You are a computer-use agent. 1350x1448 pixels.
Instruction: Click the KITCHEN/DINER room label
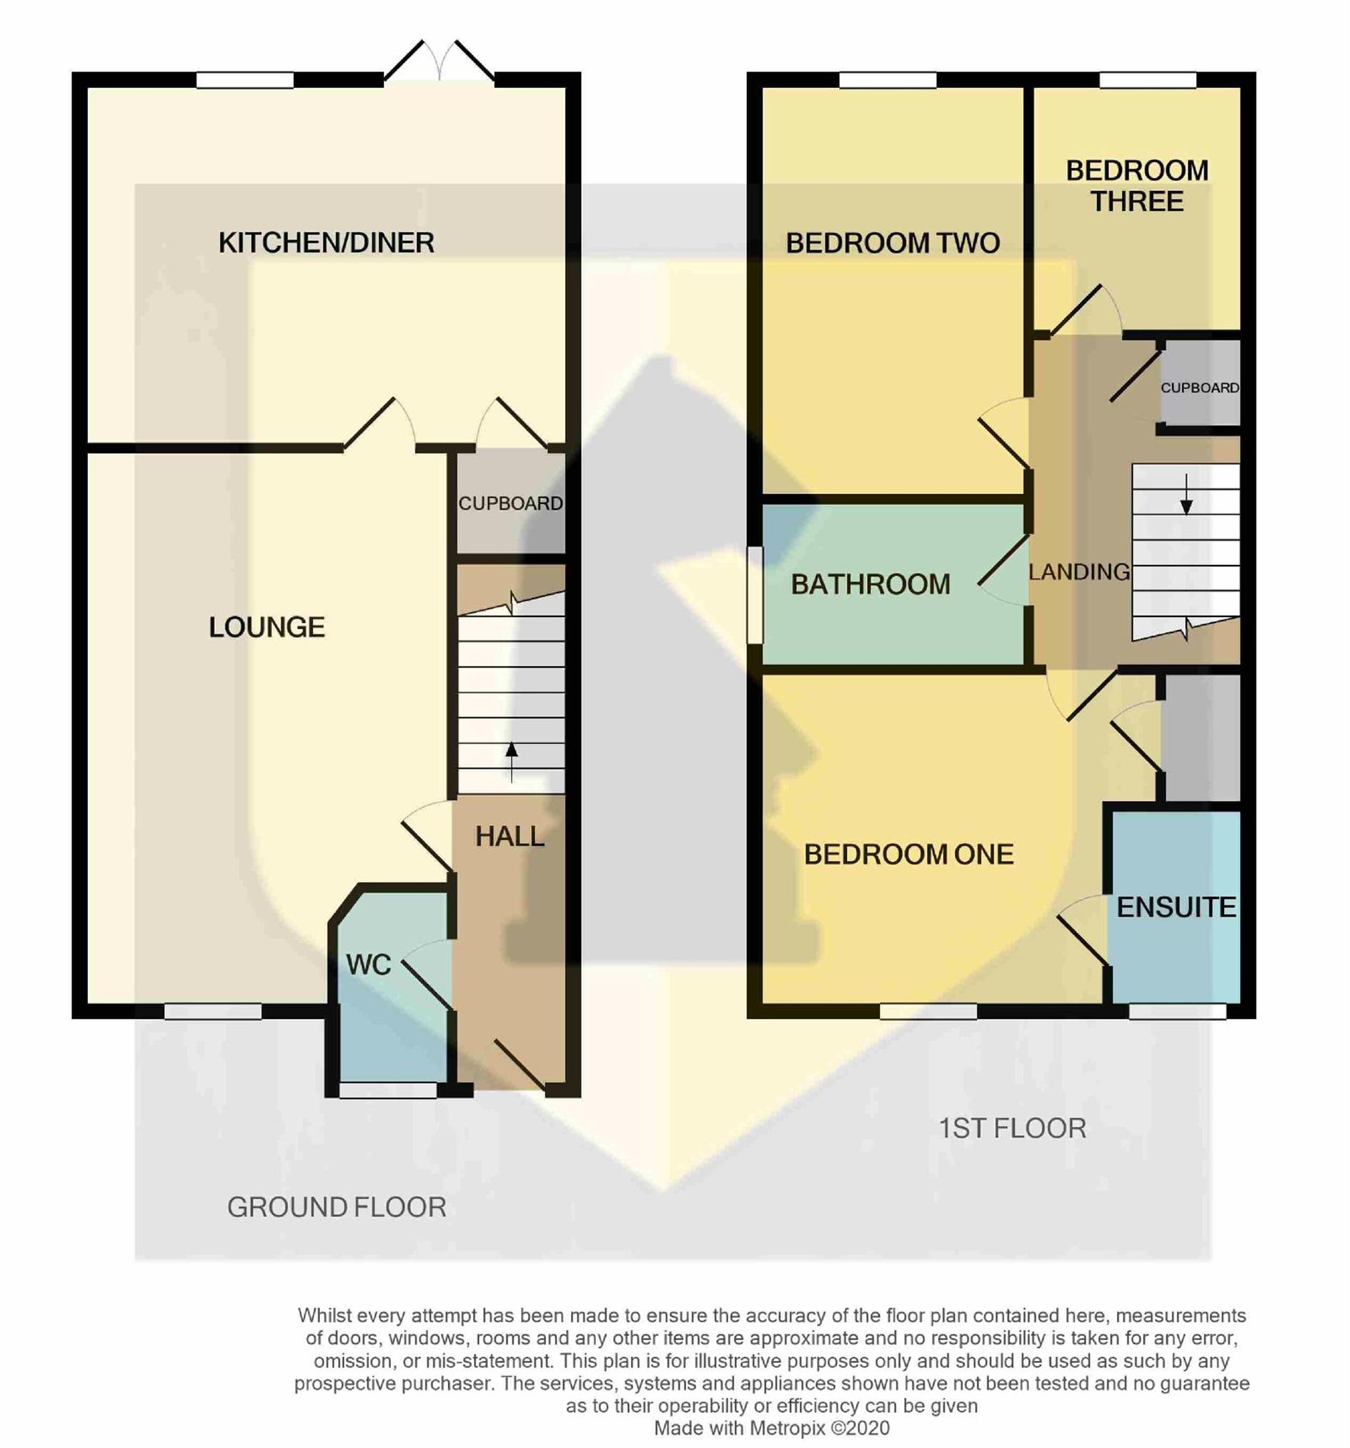(x=326, y=242)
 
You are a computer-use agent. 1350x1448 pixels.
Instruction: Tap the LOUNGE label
(x=267, y=627)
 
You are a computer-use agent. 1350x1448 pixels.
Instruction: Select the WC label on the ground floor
(x=369, y=965)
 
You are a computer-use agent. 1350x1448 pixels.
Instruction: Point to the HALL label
(x=510, y=836)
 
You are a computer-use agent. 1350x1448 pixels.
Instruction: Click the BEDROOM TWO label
(x=893, y=242)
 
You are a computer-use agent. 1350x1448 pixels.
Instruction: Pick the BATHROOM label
(x=870, y=584)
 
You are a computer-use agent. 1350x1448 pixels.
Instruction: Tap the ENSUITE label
(x=1176, y=907)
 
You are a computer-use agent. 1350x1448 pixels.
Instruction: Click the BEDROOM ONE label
(x=909, y=854)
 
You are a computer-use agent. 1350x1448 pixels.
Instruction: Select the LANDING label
(x=1079, y=572)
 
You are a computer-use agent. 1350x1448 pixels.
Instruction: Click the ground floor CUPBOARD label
(x=510, y=503)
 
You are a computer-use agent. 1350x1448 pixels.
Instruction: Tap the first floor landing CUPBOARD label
(x=1199, y=388)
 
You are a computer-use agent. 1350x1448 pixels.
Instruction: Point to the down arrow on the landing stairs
(x=1186, y=495)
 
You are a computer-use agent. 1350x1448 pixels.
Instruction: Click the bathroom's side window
(x=755, y=595)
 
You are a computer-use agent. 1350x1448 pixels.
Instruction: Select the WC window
(x=388, y=1090)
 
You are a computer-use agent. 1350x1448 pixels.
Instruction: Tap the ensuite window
(x=1177, y=1011)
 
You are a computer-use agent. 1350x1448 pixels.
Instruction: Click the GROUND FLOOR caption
(x=337, y=1208)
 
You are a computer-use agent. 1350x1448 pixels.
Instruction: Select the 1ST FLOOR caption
(x=1012, y=1128)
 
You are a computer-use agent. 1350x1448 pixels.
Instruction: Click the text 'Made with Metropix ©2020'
(x=772, y=1427)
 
